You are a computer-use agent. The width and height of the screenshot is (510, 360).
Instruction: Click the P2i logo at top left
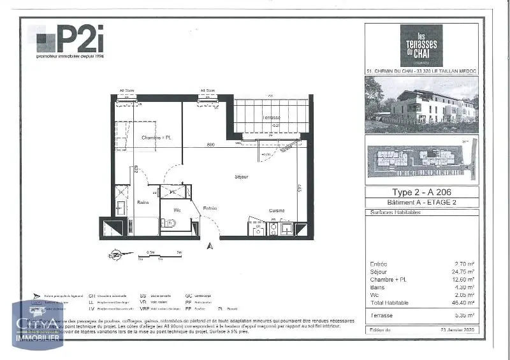(70, 41)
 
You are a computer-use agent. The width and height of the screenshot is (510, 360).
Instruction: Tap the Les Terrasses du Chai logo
(421, 44)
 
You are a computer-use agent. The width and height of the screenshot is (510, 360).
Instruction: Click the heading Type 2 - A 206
(421, 192)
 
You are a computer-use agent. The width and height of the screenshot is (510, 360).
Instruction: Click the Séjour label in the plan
(241, 176)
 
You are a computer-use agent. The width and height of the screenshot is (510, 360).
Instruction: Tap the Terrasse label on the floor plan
(273, 118)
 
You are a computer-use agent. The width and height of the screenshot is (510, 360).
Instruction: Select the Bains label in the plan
(143, 203)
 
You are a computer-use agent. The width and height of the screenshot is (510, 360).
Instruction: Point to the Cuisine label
(276, 210)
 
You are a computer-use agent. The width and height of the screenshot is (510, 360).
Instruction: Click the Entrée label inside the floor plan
(210, 208)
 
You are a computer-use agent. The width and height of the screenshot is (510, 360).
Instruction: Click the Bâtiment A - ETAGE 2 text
(421, 203)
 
